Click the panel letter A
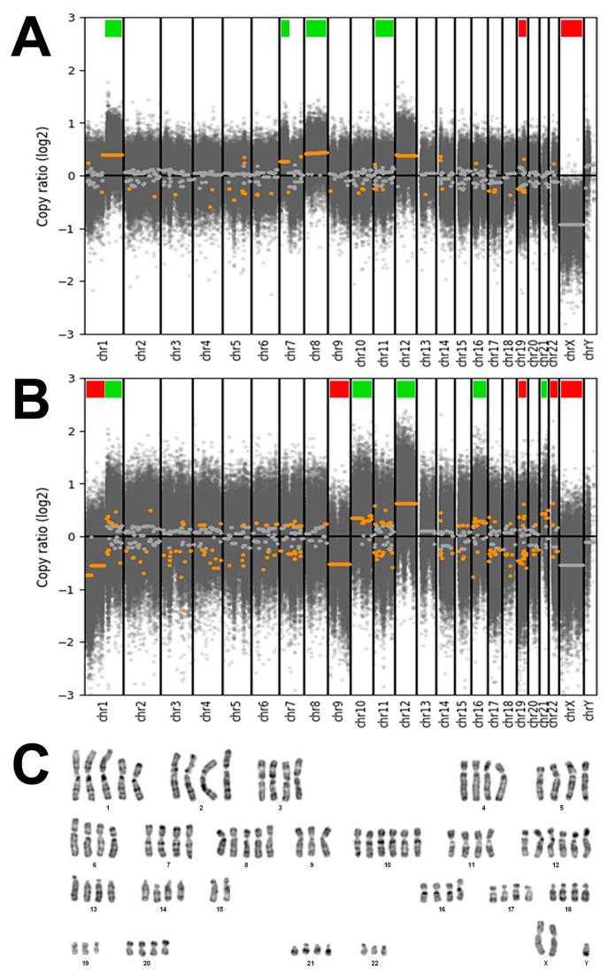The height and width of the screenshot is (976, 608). click(x=35, y=42)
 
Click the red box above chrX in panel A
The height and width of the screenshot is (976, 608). click(x=571, y=28)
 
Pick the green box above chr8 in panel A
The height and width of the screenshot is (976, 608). click(x=316, y=28)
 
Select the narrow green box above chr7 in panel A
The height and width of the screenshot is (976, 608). click(x=285, y=28)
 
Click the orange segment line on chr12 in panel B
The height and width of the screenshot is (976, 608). click(x=405, y=503)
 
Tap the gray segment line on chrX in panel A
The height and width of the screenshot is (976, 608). click(x=571, y=225)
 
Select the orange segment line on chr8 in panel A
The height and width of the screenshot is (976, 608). click(x=316, y=152)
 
